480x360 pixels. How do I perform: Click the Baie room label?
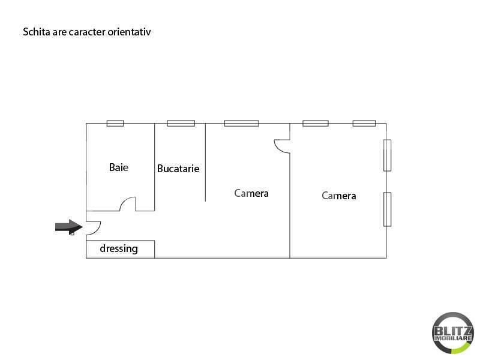pyautogui.click(x=118, y=167)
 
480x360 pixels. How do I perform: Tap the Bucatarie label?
pyautogui.click(x=178, y=169)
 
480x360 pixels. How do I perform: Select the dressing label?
pyautogui.click(x=119, y=248)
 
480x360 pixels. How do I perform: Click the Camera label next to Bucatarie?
pyautogui.click(x=251, y=193)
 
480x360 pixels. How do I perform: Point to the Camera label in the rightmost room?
pyautogui.click(x=339, y=196)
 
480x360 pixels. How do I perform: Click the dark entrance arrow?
pyautogui.click(x=69, y=227)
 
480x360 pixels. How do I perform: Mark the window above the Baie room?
pyautogui.click(x=115, y=123)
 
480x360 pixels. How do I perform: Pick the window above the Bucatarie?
pyautogui.click(x=181, y=123)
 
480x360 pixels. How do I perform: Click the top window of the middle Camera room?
pyautogui.click(x=242, y=123)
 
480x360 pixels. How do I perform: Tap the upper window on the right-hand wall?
pyautogui.click(x=387, y=155)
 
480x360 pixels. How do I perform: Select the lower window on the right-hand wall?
pyautogui.click(x=387, y=209)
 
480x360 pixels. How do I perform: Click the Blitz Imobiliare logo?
pyautogui.click(x=453, y=333)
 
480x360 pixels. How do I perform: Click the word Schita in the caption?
pyautogui.click(x=37, y=32)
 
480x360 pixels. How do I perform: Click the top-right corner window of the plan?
pyautogui.click(x=364, y=123)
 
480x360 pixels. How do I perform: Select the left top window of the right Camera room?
pyautogui.click(x=316, y=123)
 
